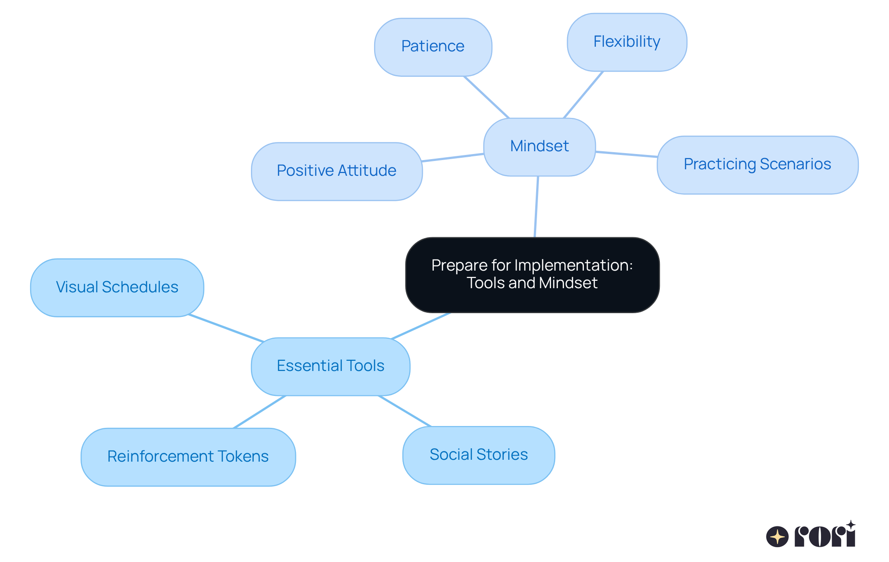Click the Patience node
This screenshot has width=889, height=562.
point(433,47)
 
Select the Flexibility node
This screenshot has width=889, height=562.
point(626,42)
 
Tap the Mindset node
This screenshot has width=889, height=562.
point(539,147)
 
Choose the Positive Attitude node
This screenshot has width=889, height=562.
point(337,171)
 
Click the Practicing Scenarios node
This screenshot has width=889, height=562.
point(757,165)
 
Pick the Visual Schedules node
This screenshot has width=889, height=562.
point(117,287)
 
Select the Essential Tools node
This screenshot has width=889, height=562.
point(330,366)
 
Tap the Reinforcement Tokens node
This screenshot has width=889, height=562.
point(188,457)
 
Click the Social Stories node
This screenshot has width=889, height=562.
point(478,455)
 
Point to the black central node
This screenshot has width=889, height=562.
point(532,274)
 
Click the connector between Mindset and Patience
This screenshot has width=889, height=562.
point(486,97)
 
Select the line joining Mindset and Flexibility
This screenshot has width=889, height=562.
point(583,95)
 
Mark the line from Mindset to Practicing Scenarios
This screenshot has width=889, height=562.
point(626,154)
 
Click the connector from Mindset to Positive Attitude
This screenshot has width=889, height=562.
point(453,157)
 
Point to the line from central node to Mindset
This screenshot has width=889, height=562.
point(536,207)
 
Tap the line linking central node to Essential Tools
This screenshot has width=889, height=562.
point(420,326)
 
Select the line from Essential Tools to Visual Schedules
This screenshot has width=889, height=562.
point(226,328)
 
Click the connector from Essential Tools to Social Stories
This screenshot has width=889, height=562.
point(405,411)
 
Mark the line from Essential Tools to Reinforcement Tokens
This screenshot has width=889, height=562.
point(259,412)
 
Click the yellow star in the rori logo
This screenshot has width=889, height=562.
point(777,537)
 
